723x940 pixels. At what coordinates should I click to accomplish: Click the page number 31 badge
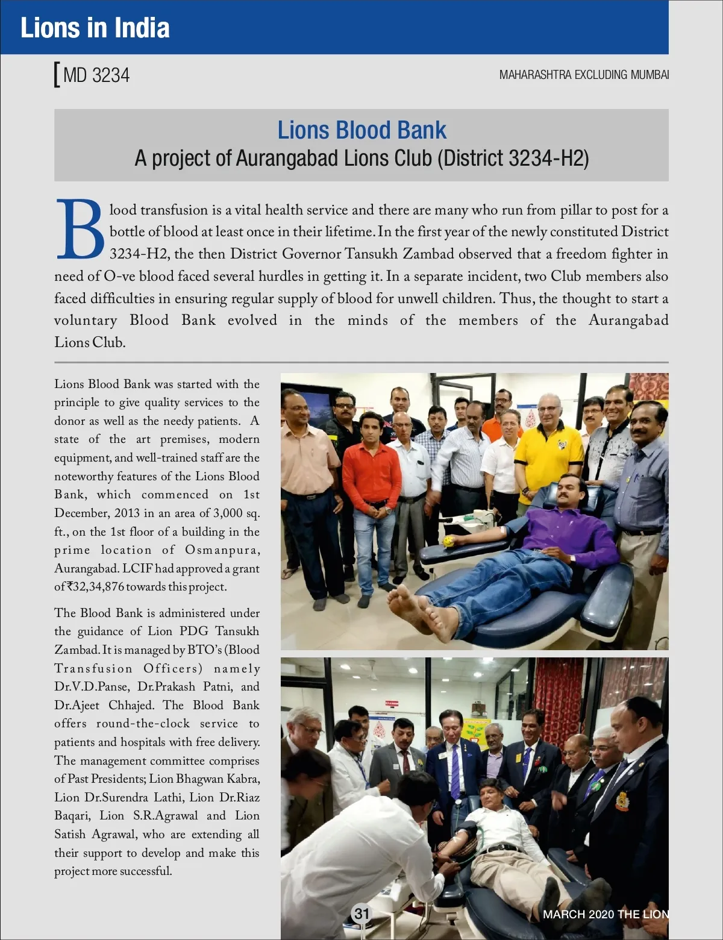[361, 913]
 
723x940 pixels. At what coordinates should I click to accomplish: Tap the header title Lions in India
[95, 28]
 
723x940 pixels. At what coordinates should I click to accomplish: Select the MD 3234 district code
[96, 75]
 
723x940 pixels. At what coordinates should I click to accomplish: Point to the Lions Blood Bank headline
[361, 130]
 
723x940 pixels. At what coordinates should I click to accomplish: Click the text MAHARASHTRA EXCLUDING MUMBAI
[583, 75]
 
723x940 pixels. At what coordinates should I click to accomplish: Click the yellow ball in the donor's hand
[448, 542]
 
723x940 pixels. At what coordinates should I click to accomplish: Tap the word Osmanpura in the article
[222, 550]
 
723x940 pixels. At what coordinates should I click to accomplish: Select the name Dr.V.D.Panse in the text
[91, 687]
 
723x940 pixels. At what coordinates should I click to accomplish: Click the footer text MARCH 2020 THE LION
[605, 914]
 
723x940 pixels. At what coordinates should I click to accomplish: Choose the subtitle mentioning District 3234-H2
[361, 158]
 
